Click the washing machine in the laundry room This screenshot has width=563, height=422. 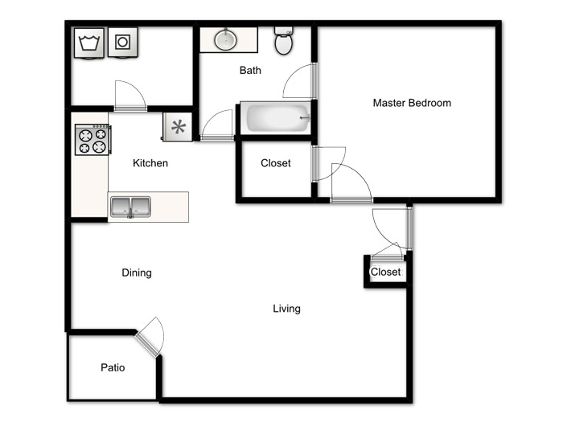tap(89, 43)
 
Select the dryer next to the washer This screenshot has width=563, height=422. tap(123, 43)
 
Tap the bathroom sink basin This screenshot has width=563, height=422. tap(225, 39)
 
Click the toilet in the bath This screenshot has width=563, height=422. tap(284, 40)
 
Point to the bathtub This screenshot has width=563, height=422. tap(275, 117)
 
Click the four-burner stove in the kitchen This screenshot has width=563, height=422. tap(93, 140)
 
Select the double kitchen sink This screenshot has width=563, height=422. tap(130, 207)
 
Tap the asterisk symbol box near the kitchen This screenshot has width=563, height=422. tap(178, 127)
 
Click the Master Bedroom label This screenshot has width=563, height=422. tap(412, 103)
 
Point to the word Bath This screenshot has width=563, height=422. tap(250, 71)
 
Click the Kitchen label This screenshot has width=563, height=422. tap(150, 163)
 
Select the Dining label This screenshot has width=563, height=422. tap(137, 272)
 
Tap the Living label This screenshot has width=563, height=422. tap(286, 309)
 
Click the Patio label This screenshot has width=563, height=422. tap(113, 367)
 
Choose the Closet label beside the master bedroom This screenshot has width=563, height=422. tap(276, 163)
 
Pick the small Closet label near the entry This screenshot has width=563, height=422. tap(385, 272)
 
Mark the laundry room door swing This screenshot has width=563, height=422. tap(130, 96)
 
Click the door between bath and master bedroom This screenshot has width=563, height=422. tap(299, 80)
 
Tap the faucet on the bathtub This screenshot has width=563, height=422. tap(305, 117)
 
